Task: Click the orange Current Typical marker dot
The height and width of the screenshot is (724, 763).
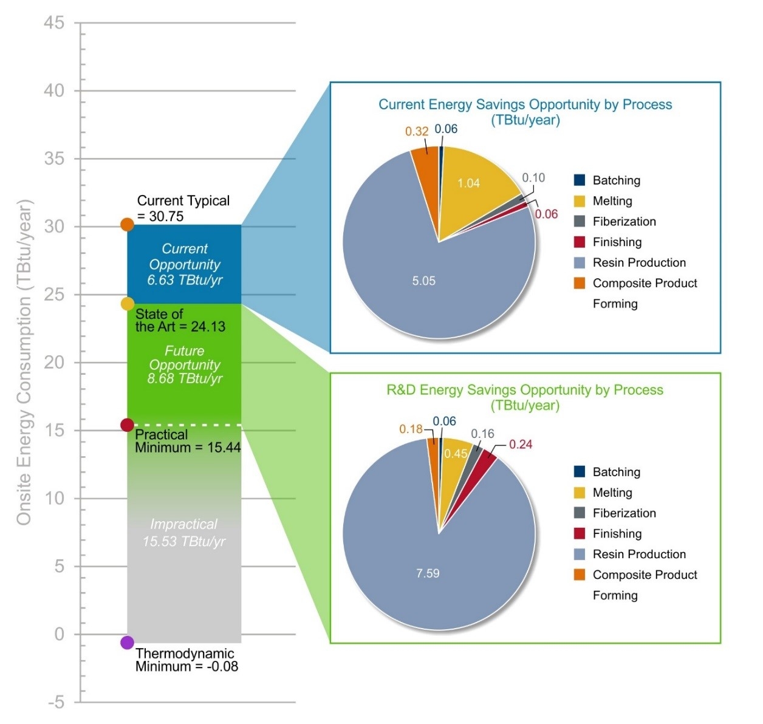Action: click(127, 225)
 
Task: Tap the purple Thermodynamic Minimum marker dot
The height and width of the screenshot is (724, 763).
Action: click(127, 643)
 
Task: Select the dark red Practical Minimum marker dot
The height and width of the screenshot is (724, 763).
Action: click(127, 425)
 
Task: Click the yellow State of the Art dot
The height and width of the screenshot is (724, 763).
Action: click(128, 304)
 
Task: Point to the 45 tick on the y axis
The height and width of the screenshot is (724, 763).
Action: click(54, 23)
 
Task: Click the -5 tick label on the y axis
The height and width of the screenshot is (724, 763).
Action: click(55, 703)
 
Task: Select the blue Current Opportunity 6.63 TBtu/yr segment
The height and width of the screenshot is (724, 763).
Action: click(185, 265)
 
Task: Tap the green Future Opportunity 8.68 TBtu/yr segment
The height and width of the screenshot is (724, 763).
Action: click(185, 364)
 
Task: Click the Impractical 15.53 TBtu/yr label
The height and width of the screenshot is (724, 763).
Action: click(184, 533)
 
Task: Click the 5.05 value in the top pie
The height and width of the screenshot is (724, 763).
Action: click(423, 281)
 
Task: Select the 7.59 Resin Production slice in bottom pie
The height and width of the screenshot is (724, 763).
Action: click(428, 573)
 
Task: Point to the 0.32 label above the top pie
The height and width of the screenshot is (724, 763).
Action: click(417, 131)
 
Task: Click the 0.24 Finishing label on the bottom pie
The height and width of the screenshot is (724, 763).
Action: click(521, 445)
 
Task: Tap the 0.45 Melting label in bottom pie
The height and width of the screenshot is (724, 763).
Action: click(456, 454)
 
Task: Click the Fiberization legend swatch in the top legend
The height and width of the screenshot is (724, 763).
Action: click(580, 222)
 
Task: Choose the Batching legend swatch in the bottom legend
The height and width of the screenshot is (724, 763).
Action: click(580, 472)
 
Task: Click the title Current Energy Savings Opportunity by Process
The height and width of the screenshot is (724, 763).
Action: click(525, 104)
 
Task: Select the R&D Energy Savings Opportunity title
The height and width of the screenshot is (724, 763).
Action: click(525, 390)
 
